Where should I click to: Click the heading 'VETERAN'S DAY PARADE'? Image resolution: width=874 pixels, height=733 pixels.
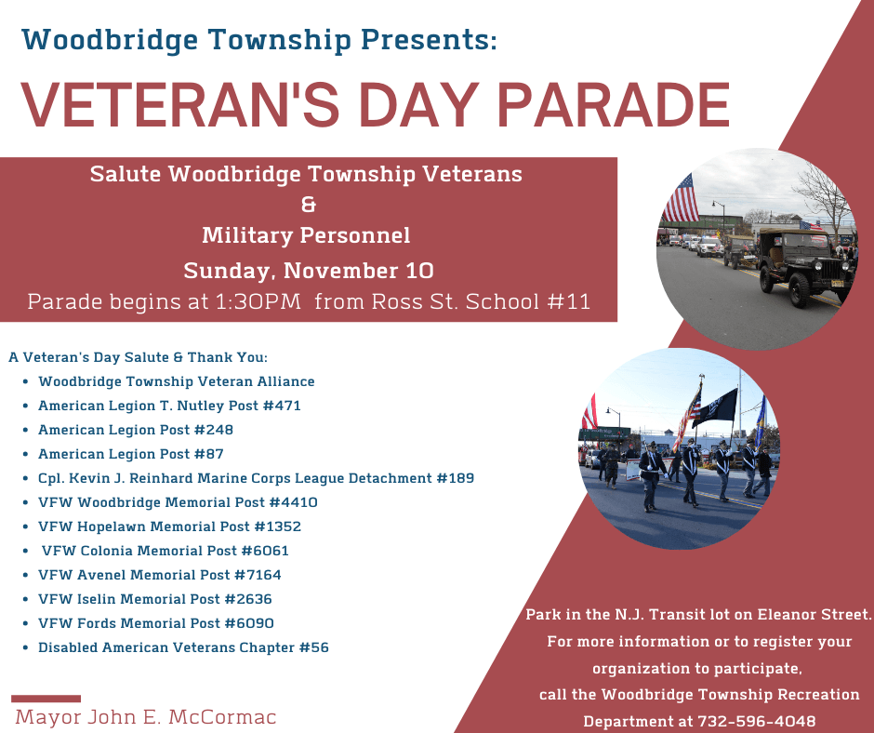[x=375, y=105]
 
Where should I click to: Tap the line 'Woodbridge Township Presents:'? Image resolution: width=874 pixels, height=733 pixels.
[x=259, y=40]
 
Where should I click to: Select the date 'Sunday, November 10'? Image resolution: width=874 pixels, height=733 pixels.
[x=308, y=271]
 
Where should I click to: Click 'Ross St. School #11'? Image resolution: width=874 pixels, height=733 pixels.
[x=480, y=302]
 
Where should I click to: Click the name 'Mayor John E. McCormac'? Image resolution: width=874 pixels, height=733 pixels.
[x=146, y=717]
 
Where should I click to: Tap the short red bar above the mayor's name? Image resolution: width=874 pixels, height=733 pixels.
[x=46, y=698]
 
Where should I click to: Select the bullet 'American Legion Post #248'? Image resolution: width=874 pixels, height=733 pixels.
[x=136, y=430]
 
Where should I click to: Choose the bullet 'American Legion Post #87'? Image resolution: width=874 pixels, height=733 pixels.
[x=131, y=454]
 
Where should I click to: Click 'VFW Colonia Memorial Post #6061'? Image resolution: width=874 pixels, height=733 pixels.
[x=166, y=551]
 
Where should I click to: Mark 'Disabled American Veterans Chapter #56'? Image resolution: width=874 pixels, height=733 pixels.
[x=183, y=647]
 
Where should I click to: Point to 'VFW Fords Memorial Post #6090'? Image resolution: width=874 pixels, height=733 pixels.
[x=156, y=623]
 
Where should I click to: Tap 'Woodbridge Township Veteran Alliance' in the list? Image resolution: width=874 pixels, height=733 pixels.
[x=177, y=381]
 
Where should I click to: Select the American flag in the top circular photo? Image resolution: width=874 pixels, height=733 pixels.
[x=682, y=198]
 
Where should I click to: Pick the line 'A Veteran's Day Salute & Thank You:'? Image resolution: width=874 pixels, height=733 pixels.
[x=138, y=357]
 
